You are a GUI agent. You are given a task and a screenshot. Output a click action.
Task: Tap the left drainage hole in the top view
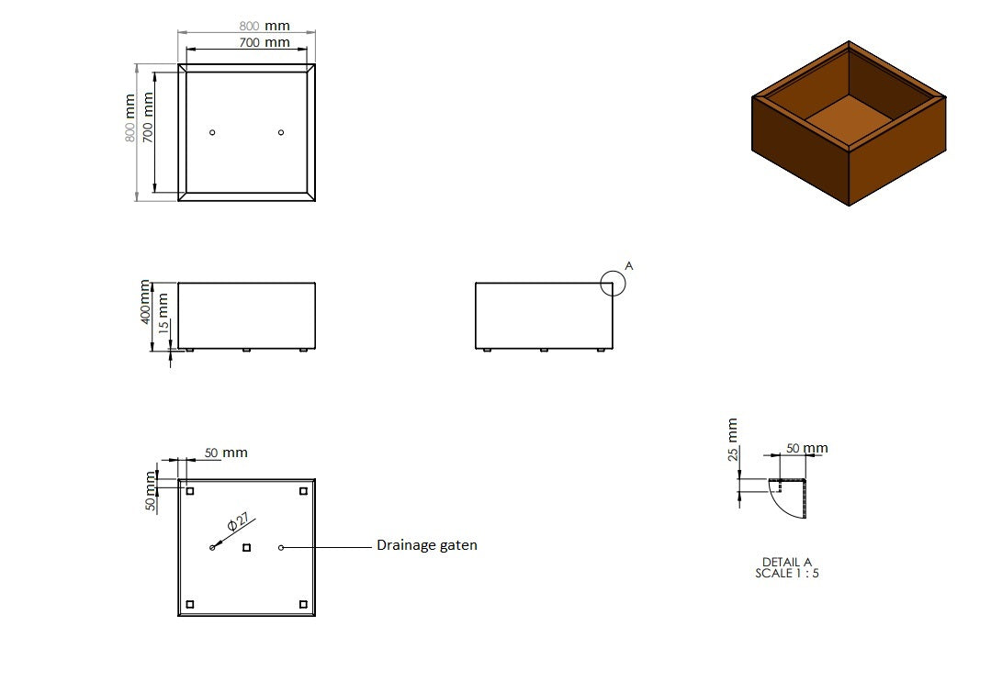[212, 132]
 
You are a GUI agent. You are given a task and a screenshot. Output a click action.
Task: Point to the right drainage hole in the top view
[281, 132]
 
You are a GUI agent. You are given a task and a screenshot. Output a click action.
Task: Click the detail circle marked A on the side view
[613, 284]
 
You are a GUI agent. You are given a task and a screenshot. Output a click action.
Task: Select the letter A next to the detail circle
[629, 265]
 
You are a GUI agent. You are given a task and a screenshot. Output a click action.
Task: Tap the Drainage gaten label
[427, 545]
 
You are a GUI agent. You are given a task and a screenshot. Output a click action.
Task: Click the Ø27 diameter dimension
[237, 523]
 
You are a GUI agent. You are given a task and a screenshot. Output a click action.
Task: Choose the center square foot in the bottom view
[246, 548]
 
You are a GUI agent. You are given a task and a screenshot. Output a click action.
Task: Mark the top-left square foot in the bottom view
[190, 491]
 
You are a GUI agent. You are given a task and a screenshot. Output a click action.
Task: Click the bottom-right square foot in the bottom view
[303, 604]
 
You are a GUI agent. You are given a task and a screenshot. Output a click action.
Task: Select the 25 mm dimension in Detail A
[732, 440]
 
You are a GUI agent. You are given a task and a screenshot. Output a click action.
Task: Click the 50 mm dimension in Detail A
[807, 448]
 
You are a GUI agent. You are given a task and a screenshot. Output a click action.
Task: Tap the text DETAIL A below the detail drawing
[787, 562]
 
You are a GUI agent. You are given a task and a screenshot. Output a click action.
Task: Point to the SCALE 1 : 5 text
[787, 573]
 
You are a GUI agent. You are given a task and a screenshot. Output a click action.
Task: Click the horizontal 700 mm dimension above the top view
[265, 42]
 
